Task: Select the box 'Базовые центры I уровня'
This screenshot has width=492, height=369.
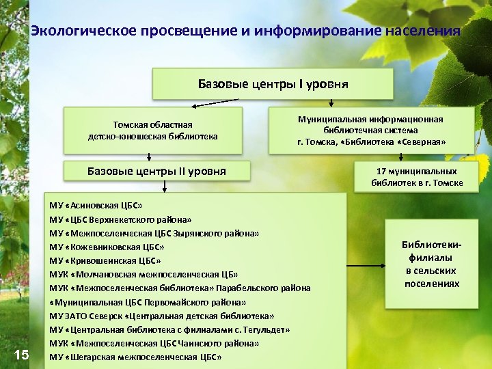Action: pyautogui.click(x=273, y=85)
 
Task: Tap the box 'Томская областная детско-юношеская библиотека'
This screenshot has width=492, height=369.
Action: pyautogui.click(x=153, y=131)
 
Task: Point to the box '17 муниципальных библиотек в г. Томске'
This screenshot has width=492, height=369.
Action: pyautogui.click(x=417, y=177)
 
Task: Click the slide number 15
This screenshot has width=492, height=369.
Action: pyautogui.click(x=21, y=354)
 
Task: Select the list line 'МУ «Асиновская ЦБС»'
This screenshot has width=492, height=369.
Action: pyautogui.click(x=96, y=205)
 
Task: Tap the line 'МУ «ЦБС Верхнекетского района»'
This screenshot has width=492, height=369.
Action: pyautogui.click(x=120, y=220)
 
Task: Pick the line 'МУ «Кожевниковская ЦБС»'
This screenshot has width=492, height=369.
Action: pyautogui.click(x=107, y=247)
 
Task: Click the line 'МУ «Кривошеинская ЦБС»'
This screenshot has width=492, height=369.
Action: pyautogui.click(x=105, y=260)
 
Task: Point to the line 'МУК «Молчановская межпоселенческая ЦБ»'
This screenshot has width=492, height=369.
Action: pyautogui.click(x=143, y=274)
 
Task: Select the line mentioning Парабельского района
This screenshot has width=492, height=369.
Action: pyautogui.click(x=180, y=288)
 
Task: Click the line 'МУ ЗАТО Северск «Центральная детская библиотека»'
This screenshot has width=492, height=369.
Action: pyautogui.click(x=162, y=316)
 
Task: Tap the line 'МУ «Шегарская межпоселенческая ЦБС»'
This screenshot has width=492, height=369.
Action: pyautogui.click(x=136, y=357)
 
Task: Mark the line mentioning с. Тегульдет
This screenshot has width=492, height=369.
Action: pyautogui.click(x=169, y=329)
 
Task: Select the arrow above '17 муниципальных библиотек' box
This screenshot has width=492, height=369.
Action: pyautogui.click(x=416, y=156)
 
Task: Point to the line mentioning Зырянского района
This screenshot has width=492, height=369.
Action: pyautogui.click(x=154, y=233)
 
